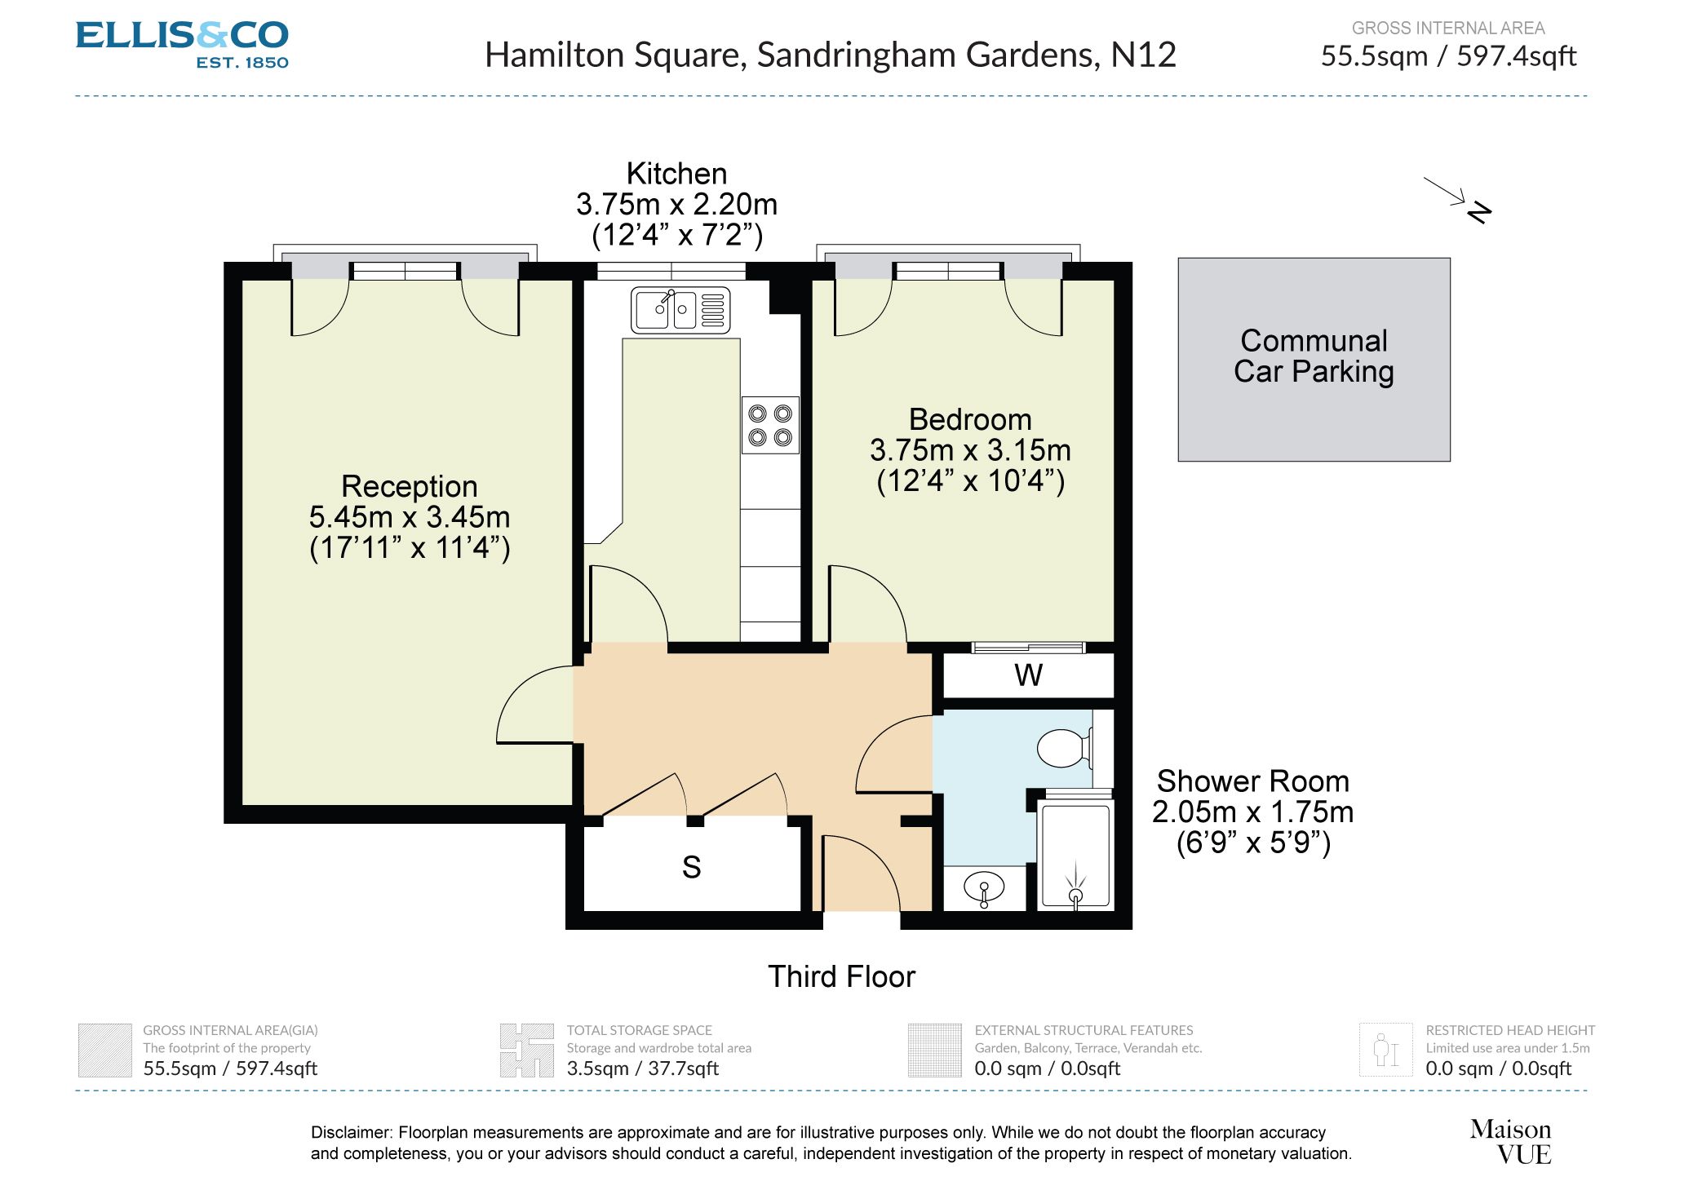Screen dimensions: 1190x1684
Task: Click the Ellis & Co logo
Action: point(182,44)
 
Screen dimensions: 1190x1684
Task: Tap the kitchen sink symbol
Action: point(680,310)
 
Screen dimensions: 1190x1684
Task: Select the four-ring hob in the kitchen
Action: point(769,425)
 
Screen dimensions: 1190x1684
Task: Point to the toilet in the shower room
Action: point(1064,748)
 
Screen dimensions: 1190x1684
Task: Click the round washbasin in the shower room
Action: point(984,887)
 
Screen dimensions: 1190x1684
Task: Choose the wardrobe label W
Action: point(1028,675)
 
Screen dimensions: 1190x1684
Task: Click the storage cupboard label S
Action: point(691,867)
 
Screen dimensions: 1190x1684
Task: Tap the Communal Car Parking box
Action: point(1313,359)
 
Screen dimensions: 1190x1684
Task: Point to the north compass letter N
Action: point(1478,212)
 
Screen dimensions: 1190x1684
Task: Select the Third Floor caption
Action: point(841,976)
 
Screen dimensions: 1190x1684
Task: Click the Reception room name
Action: point(409,486)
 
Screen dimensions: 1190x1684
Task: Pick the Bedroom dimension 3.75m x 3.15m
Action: point(969,450)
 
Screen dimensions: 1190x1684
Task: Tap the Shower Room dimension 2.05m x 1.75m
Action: point(1252,812)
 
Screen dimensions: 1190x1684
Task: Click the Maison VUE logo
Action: point(1510,1141)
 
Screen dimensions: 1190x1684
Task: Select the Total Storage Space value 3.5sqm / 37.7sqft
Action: point(642,1068)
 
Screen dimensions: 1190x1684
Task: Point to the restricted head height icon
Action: point(1385,1050)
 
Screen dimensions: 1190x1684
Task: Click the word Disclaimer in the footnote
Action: point(352,1132)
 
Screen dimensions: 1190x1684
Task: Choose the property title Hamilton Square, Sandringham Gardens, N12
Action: point(830,55)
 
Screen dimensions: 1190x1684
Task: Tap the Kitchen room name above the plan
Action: point(676,174)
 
